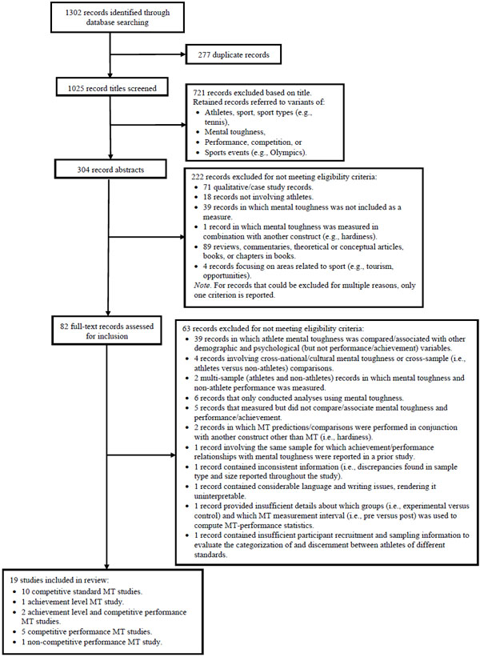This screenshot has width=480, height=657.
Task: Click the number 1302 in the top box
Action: pos(74,13)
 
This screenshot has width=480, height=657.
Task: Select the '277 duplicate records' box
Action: pos(234,54)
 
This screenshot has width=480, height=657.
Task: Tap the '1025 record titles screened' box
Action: pos(112,88)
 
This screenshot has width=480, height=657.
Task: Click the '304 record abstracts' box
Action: pos(110,170)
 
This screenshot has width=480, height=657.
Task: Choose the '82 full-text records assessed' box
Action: pos(107,331)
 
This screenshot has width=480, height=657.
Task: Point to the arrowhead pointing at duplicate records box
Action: pos(182,54)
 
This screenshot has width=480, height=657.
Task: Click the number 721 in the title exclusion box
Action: pos(199,93)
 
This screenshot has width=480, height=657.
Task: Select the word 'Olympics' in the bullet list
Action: pos(287,153)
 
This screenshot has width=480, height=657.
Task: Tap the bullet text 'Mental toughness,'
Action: pos(234,132)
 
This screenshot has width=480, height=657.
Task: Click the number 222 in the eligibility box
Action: pos(198,177)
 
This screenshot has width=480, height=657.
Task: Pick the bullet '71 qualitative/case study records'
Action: pos(258,187)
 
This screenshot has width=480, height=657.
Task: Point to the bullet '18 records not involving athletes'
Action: pos(258,197)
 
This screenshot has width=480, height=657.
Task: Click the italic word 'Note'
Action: pos(201,286)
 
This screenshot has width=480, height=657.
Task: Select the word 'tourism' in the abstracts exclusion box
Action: pos(380,266)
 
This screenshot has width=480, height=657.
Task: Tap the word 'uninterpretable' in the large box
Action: pos(219,496)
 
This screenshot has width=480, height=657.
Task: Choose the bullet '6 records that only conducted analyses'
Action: pos(298,398)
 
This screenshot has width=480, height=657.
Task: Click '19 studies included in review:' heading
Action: pos(59,581)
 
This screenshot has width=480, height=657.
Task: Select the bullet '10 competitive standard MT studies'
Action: pos(82,591)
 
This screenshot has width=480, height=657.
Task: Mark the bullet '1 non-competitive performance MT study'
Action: pos(92,642)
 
